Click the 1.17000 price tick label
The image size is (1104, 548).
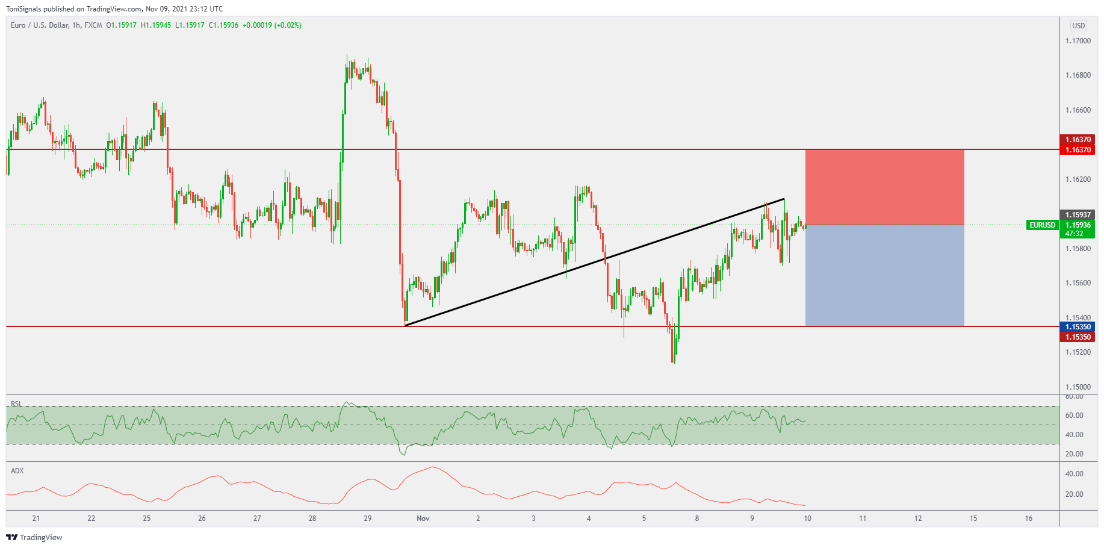pos(1078,41)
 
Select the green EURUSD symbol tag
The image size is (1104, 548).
pos(1042,225)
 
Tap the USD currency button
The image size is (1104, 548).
pos(1078,26)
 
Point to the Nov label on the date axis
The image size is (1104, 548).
pos(423,518)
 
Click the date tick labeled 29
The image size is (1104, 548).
pos(368,518)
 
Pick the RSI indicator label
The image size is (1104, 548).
pos(16,404)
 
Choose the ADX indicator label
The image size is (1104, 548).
pos(17,471)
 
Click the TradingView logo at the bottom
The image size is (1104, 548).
pos(34,537)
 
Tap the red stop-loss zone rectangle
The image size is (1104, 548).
pos(884,187)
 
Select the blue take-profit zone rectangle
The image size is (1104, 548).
pos(884,276)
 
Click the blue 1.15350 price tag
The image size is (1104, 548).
pos(1078,327)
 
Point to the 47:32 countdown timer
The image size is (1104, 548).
pos(1075,234)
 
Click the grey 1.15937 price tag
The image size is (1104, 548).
pos(1078,215)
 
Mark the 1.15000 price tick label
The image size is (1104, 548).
pos(1078,387)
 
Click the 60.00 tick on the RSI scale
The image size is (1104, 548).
pos(1074,416)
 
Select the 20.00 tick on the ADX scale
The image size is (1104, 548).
pos(1074,494)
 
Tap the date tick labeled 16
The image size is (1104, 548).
pos(1029,518)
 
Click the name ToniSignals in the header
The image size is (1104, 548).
pos(23,9)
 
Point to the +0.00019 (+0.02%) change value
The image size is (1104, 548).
pos(272,25)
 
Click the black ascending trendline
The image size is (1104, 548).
pos(595,263)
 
